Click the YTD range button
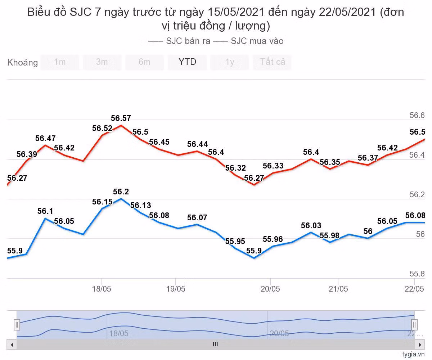(187, 62)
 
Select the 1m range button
(60, 62)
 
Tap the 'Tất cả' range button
(273, 62)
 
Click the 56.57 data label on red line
(121, 118)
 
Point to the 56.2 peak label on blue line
(121, 192)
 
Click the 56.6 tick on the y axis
(417, 116)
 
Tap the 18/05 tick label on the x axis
(102, 289)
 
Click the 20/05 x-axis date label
(270, 289)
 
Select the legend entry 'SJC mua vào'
(257, 41)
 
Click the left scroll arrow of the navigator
(12, 345)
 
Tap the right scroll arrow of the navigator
(419, 345)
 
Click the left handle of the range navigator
(17, 325)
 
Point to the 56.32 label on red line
(235, 168)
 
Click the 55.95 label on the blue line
(235, 241)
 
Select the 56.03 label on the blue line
(311, 225)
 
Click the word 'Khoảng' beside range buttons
(22, 63)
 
